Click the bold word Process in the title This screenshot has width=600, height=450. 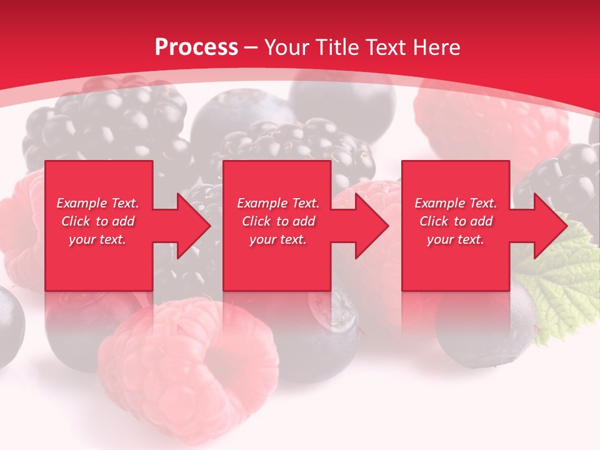(x=196, y=47)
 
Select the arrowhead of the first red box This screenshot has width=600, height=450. (x=191, y=226)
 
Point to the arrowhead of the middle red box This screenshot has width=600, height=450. (x=369, y=226)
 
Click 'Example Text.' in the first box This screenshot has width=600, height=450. (x=97, y=203)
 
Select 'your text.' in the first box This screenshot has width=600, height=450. (x=97, y=239)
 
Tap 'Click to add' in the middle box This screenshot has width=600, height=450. (x=278, y=221)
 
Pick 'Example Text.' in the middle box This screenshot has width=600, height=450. (x=278, y=203)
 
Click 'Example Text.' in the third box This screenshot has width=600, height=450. (x=456, y=203)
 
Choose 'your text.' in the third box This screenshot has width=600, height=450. (x=456, y=239)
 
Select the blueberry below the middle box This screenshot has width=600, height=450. (x=325, y=331)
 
